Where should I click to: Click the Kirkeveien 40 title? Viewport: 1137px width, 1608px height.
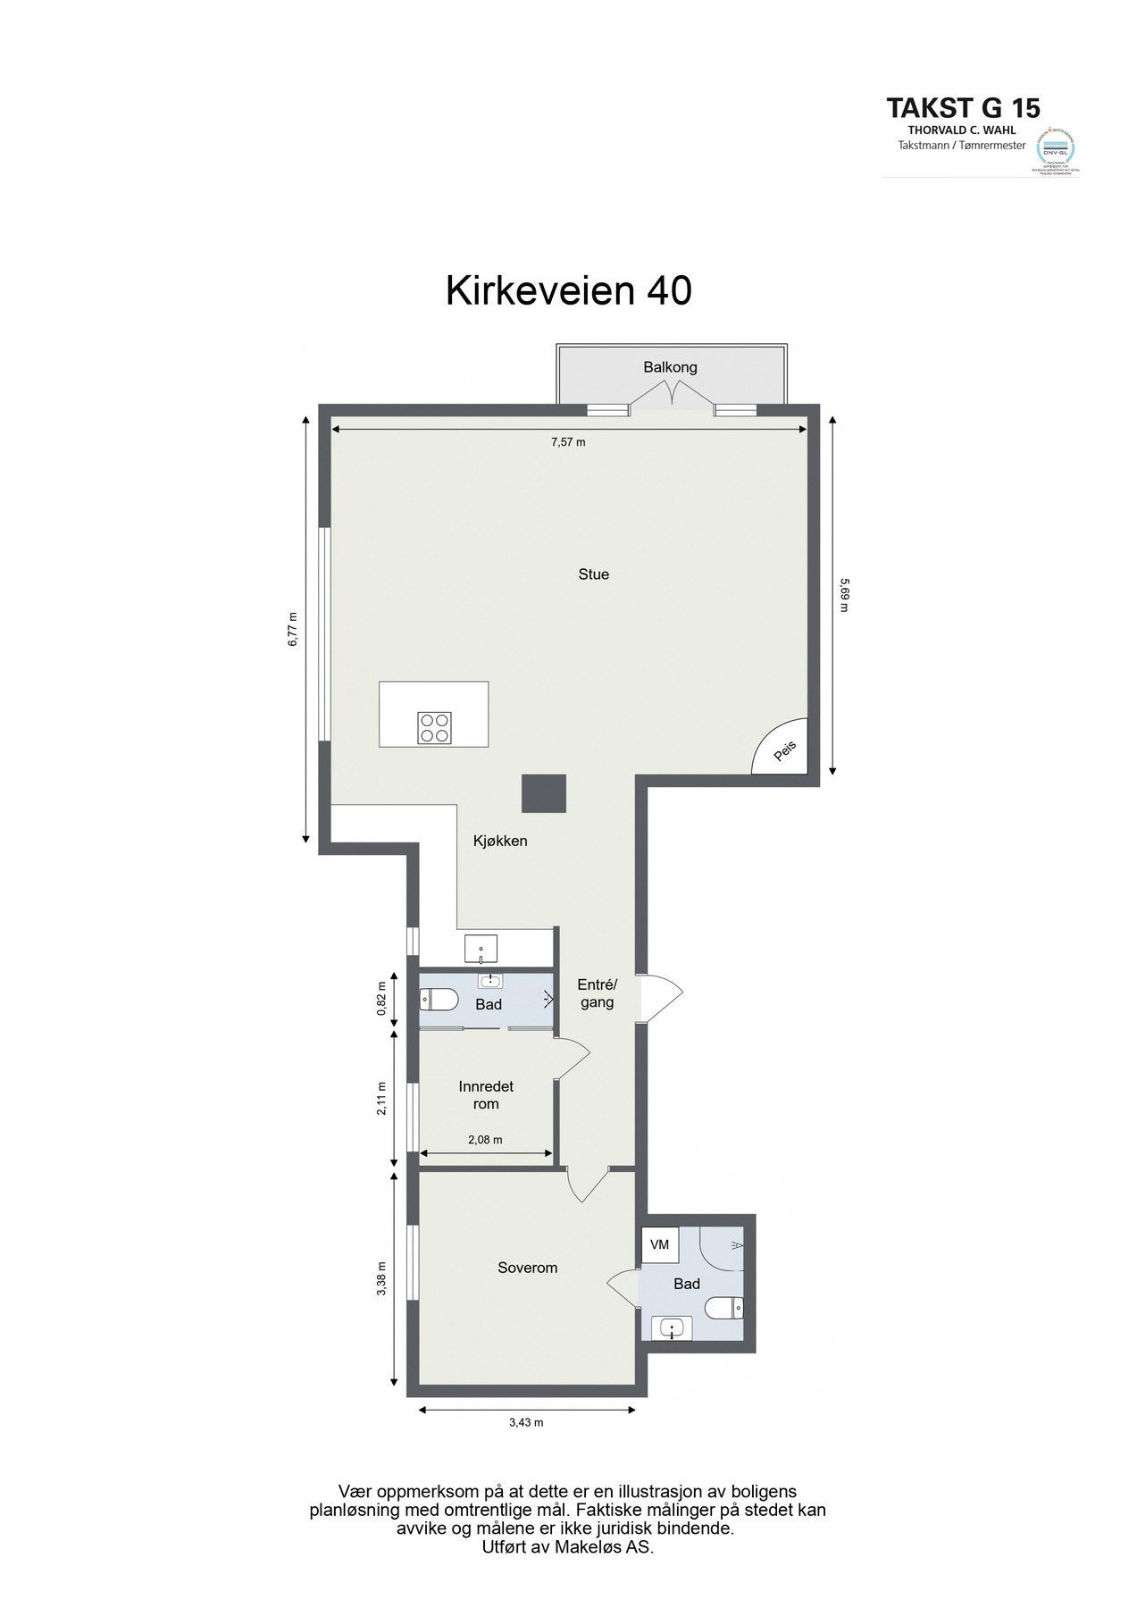tap(568, 290)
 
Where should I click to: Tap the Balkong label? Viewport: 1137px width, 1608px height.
tap(670, 367)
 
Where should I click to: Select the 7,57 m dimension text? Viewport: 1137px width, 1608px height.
tap(568, 442)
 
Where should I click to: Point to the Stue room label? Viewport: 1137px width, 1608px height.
tap(593, 574)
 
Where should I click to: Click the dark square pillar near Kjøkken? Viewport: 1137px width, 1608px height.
tap(544, 793)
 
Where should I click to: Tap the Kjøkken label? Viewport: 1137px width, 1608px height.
tap(500, 841)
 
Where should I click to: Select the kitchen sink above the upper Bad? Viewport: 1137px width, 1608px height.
tap(481, 948)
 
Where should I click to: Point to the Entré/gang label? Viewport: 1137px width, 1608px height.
tap(597, 993)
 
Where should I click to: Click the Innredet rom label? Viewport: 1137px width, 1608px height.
tap(486, 1095)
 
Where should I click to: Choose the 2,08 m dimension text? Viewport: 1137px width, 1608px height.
tap(485, 1140)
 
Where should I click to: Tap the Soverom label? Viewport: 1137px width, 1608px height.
tap(527, 1268)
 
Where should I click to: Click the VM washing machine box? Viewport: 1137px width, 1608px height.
tap(660, 1244)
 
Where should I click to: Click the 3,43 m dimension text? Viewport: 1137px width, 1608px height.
tap(525, 1423)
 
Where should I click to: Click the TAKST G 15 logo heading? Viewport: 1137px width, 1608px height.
tap(963, 108)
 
